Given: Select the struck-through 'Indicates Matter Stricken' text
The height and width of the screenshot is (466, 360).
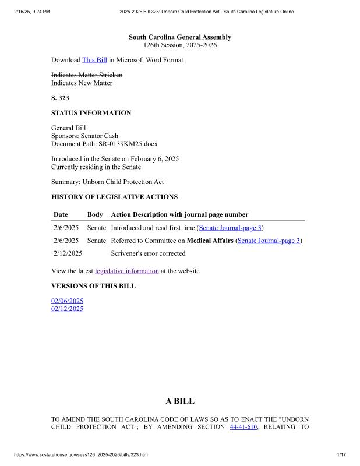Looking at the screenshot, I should coord(87,75).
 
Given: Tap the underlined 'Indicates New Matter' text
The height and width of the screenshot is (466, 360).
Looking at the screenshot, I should coord(82,83).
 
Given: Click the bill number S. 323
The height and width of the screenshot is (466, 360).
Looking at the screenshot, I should coord(60,98).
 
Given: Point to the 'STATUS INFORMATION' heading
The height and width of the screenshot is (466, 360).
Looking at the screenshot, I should coord(91,113).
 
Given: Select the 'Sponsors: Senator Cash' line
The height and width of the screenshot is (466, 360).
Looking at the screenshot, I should coord(84,136).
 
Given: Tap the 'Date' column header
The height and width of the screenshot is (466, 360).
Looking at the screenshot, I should coord(61,215).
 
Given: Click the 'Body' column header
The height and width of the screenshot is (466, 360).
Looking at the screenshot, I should coord(95,215).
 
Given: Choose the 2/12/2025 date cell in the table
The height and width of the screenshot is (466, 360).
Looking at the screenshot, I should coord(68,253).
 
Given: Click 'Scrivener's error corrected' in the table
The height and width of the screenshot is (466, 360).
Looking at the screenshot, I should coord(148,253).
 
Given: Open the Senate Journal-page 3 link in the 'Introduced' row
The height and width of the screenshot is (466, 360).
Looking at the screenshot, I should coord(230,228).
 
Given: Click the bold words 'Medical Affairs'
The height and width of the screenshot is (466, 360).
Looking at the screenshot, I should coord(210,241).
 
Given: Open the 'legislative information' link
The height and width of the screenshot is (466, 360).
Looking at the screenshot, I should coord(126,271).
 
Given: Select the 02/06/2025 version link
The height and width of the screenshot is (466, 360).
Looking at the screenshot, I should coord(68,301).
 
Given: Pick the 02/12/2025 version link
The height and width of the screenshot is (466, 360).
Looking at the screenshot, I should coord(68,309).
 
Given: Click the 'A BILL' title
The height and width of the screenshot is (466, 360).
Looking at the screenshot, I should coord(180,401).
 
